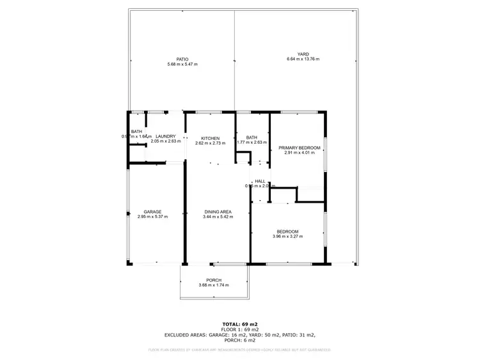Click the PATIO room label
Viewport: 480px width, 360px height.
(182, 59)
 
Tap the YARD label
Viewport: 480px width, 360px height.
(303, 54)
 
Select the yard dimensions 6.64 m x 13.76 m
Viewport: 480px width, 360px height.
(303, 59)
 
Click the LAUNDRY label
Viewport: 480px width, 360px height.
(165, 136)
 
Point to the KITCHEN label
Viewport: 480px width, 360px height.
(211, 138)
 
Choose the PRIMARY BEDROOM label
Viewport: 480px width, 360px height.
(300, 148)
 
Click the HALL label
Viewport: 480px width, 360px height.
(260, 182)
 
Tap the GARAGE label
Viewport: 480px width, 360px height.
(152, 212)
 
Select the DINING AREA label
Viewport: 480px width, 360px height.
(218, 212)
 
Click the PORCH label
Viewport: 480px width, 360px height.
(214, 280)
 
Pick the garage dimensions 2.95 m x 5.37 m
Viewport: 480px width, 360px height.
(152, 217)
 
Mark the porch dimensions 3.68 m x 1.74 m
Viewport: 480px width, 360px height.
(214, 285)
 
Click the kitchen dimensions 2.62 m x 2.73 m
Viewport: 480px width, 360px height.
(211, 143)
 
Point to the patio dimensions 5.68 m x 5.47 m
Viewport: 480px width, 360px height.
(182, 64)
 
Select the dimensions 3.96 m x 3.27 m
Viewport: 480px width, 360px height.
(287, 237)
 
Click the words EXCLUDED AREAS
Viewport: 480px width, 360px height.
(185, 335)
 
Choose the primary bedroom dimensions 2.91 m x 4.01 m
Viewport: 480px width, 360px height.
(300, 153)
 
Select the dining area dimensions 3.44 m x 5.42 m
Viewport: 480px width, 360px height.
(218, 217)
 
